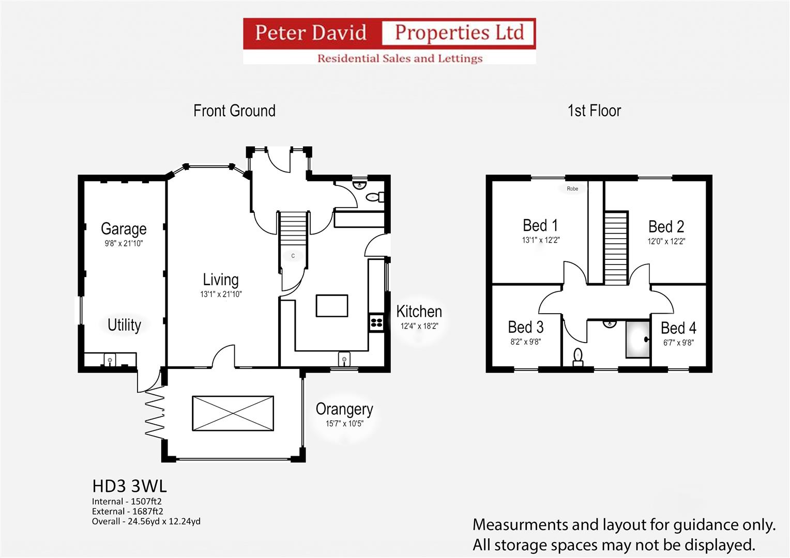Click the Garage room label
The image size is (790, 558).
(124, 229)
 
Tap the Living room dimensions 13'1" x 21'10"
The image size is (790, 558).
(221, 294)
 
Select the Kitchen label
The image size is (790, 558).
(419, 312)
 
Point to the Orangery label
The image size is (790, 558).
(344, 409)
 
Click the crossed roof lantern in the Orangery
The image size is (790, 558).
(233, 413)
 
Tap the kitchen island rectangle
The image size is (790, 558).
(332, 306)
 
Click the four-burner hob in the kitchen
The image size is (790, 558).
(377, 322)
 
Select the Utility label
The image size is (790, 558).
(124, 325)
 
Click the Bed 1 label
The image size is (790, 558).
(540, 225)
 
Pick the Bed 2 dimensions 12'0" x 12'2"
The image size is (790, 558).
(666, 241)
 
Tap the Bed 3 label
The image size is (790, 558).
(525, 328)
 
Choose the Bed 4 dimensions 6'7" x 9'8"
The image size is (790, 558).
(678, 343)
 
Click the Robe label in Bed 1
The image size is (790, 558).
(572, 189)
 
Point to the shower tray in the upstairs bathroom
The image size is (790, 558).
(638, 339)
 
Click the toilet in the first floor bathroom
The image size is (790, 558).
(578, 357)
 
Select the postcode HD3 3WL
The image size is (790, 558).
(129, 487)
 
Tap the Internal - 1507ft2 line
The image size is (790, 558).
(127, 502)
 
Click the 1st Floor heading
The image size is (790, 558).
(594, 111)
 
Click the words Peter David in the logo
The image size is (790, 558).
(311, 33)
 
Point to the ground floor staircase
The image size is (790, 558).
(293, 228)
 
